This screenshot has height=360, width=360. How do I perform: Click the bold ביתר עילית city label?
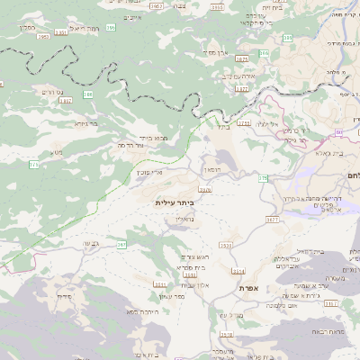tap(175, 203)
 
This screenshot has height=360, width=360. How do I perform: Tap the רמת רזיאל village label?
tap(79, 30)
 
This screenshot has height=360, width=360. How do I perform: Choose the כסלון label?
tap(24, 27)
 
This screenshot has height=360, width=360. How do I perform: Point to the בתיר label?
tap(223, 126)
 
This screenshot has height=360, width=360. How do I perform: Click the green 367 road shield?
tap(121, 244)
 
